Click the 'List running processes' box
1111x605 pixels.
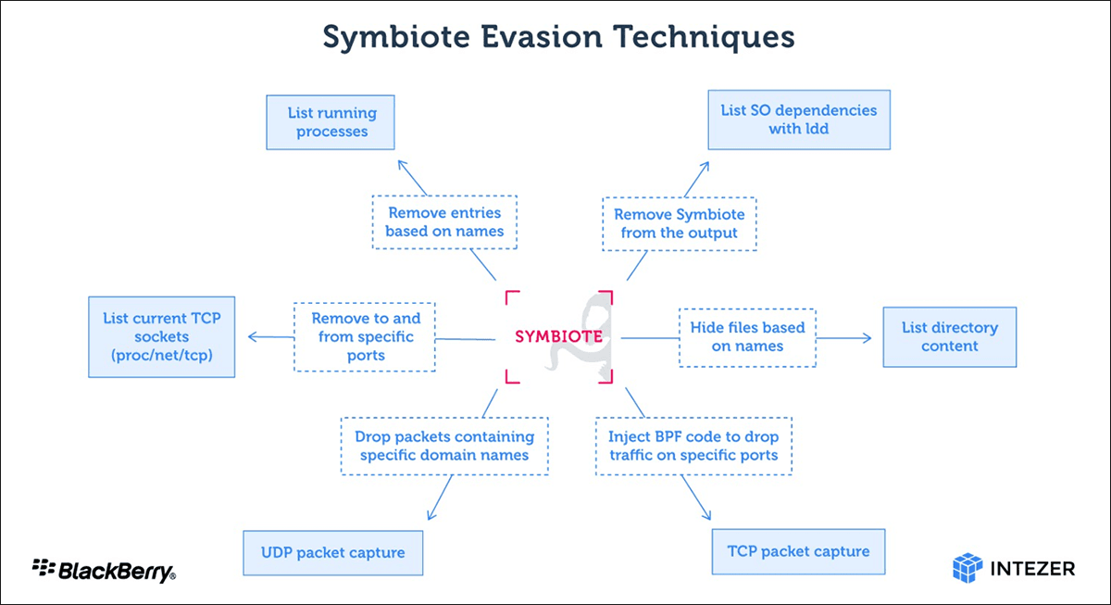pyautogui.click(x=331, y=122)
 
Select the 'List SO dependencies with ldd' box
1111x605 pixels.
pyautogui.click(x=799, y=120)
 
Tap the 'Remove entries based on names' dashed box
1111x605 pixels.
pyautogui.click(x=444, y=221)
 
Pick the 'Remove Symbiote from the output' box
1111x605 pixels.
pyautogui.click(x=680, y=224)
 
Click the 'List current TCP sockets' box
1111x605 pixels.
pyautogui.click(x=162, y=337)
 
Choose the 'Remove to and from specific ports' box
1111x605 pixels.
pyautogui.click(x=365, y=337)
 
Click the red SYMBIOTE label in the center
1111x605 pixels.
pyautogui.click(x=558, y=336)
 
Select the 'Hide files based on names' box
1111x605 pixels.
pyautogui.click(x=747, y=337)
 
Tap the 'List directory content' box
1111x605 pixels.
pyautogui.click(x=950, y=337)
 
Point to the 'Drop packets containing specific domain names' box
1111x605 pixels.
pyautogui.click(x=444, y=447)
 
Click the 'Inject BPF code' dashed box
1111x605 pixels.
pyautogui.click(x=693, y=447)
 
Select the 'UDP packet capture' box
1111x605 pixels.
pyautogui.click(x=332, y=553)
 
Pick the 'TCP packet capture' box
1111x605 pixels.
pyautogui.click(x=798, y=551)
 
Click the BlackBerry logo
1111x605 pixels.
pyautogui.click(x=104, y=571)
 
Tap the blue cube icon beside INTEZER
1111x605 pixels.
pyautogui.click(x=967, y=568)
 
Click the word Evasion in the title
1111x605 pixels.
pyautogui.click(x=542, y=37)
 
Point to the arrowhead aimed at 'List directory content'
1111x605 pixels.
pyautogui.click(x=867, y=338)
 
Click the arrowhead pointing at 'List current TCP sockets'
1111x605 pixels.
pyautogui.click(x=252, y=337)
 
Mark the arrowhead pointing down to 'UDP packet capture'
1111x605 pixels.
pyautogui.click(x=431, y=515)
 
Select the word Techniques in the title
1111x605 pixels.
pyautogui.click(x=704, y=38)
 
